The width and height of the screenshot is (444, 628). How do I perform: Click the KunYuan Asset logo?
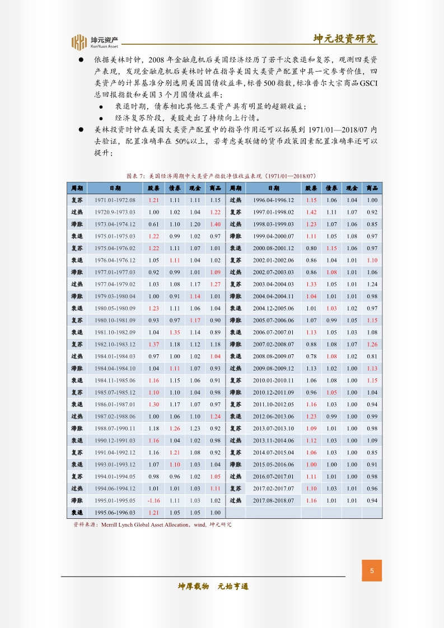(95, 43)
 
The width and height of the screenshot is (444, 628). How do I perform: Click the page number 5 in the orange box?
(372, 571)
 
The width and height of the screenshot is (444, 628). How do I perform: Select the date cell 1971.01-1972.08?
(115, 200)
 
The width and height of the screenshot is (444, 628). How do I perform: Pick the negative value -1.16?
(154, 500)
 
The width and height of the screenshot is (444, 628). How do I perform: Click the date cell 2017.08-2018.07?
(274, 500)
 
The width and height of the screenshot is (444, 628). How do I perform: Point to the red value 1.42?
(312, 212)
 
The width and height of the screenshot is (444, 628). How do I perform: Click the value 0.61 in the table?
(154, 224)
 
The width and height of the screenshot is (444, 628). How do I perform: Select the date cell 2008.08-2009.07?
(274, 356)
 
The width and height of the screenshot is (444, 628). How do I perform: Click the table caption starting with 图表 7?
(222, 175)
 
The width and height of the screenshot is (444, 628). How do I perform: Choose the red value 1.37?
(154, 344)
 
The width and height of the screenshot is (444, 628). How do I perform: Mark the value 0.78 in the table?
(312, 356)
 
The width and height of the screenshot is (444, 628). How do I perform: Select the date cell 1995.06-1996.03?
(115, 512)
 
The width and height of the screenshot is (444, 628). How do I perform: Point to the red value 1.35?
(175, 332)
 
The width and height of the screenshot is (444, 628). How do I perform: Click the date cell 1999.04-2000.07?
(274, 236)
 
